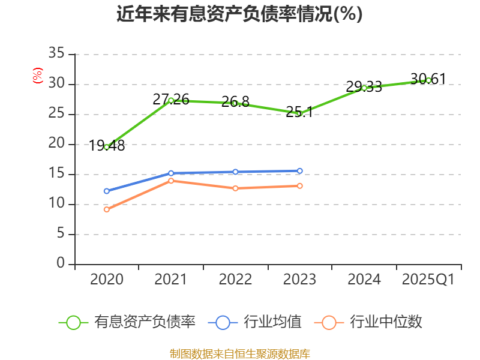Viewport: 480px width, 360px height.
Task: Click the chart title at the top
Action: (x=239, y=14)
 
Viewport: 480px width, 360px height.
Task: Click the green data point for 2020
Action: (x=107, y=147)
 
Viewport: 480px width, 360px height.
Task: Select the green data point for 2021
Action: (x=171, y=100)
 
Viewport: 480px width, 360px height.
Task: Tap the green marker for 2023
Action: (x=299, y=113)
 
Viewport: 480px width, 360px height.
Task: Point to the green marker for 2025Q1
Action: (x=428, y=80)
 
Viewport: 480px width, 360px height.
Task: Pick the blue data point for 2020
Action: (x=107, y=191)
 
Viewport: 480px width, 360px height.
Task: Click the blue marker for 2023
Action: (x=299, y=171)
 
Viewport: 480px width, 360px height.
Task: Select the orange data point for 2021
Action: (x=171, y=181)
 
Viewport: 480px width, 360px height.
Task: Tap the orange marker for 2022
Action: (x=235, y=188)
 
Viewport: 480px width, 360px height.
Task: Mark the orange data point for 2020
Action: (x=107, y=209)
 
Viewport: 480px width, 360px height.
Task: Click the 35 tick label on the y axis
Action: (x=56, y=55)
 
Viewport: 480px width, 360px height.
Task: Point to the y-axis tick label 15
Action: (x=56, y=175)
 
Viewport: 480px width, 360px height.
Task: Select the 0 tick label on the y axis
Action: (x=61, y=264)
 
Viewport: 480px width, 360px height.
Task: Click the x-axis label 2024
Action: (x=364, y=280)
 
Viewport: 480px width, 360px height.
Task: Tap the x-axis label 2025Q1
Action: (x=428, y=280)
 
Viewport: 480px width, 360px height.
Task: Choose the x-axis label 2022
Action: (x=235, y=280)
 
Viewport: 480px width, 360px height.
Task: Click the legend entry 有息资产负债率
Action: (x=128, y=322)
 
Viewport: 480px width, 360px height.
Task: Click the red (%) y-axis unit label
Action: (x=38, y=76)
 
